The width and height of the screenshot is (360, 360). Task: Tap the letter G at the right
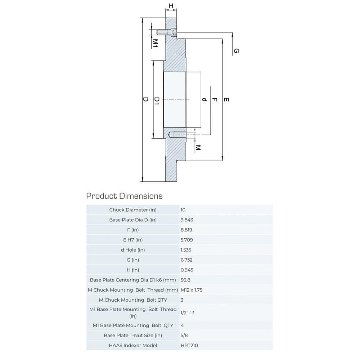237,51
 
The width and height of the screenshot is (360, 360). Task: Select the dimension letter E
226,99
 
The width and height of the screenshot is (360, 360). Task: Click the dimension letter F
215,99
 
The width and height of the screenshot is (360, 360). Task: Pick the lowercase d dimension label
204,99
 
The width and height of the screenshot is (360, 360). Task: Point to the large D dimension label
145,99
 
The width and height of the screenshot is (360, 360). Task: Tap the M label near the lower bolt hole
198,148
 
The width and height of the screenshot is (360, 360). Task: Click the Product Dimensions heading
124,196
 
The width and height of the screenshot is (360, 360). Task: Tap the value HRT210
189,345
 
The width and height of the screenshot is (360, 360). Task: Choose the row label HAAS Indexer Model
133,345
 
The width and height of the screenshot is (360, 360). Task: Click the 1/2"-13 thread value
188,312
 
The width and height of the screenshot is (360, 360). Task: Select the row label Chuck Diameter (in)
133,210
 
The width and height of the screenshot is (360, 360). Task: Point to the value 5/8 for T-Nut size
184,335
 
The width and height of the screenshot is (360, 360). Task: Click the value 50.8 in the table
185,280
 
